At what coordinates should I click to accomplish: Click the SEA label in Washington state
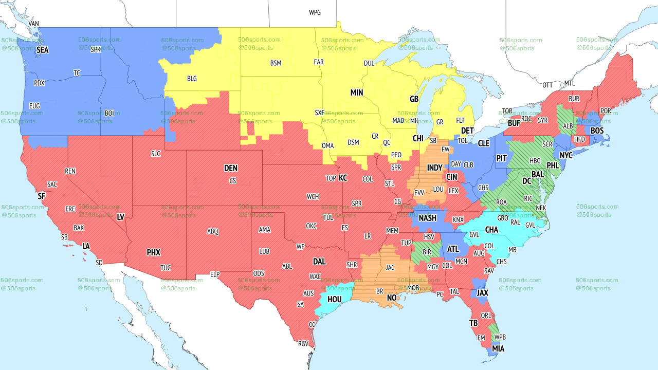[x=43, y=50]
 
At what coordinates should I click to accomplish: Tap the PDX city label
[x=39, y=83]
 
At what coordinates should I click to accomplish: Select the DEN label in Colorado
[x=231, y=168]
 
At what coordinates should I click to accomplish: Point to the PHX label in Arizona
[x=153, y=252]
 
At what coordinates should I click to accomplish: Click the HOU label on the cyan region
[x=334, y=299]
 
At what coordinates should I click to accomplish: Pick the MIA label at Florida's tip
[x=498, y=348]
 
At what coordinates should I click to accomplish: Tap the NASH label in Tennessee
[x=427, y=218]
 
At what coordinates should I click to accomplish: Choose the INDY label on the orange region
[x=434, y=168]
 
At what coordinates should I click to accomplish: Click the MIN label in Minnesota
[x=356, y=92]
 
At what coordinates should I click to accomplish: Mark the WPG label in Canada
[x=315, y=12]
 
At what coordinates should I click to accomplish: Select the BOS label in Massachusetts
[x=597, y=131]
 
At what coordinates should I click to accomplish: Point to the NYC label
[x=565, y=155]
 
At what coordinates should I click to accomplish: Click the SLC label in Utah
[x=156, y=154]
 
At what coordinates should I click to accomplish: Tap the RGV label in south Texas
[x=303, y=344]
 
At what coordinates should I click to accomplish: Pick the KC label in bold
[x=342, y=178]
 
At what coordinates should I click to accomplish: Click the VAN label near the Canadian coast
[x=33, y=24]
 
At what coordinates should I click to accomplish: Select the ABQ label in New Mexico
[x=212, y=231]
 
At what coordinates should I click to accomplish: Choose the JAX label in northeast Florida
[x=482, y=292]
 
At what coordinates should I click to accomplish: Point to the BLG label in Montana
[x=192, y=79]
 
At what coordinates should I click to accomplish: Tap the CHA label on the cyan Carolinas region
[x=491, y=229]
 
